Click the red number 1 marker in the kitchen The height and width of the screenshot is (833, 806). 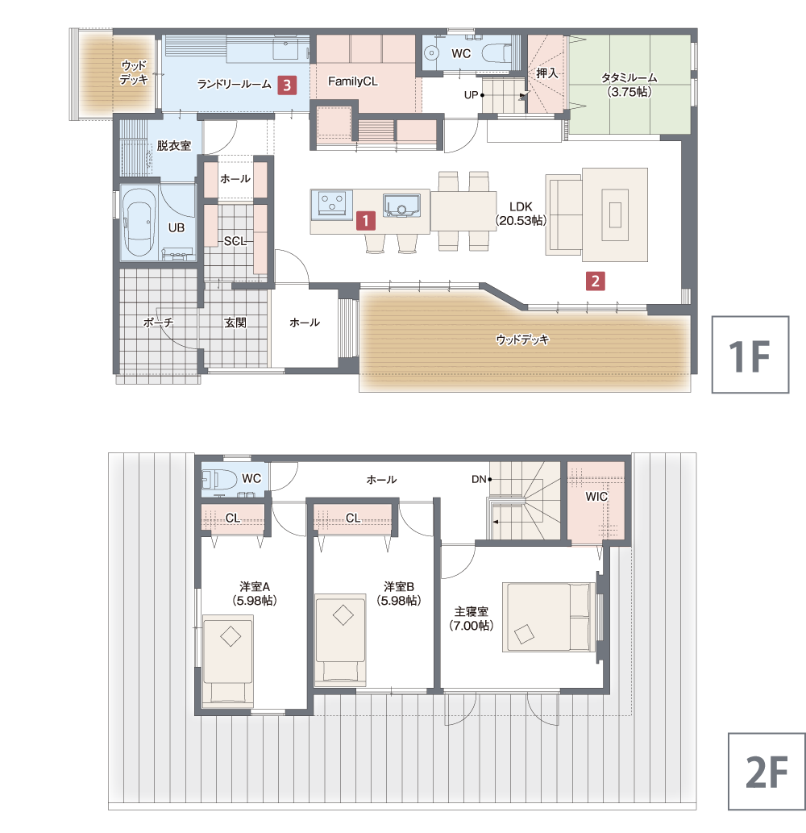(365, 220)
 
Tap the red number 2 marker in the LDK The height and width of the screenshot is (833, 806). (595, 281)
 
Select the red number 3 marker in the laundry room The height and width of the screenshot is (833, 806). (287, 85)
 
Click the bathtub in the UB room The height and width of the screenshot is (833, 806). (139, 222)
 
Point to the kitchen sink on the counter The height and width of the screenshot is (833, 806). (402, 205)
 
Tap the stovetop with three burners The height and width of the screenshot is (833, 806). (332, 204)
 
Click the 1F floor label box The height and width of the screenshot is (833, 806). (750, 354)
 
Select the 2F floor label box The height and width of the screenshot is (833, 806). (767, 772)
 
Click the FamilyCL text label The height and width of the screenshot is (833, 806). (352, 81)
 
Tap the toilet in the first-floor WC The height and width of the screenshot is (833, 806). (496, 53)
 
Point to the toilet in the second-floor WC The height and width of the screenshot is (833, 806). (219, 480)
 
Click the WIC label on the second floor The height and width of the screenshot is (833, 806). (596, 496)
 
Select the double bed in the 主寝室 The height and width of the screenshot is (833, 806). (548, 618)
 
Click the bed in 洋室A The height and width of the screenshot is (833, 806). (228, 660)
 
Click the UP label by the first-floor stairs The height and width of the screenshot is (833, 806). (471, 95)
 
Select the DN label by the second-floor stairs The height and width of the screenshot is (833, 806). (479, 479)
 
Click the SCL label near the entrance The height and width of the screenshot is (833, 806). (235, 241)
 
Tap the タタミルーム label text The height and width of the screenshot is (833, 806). (629, 78)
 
